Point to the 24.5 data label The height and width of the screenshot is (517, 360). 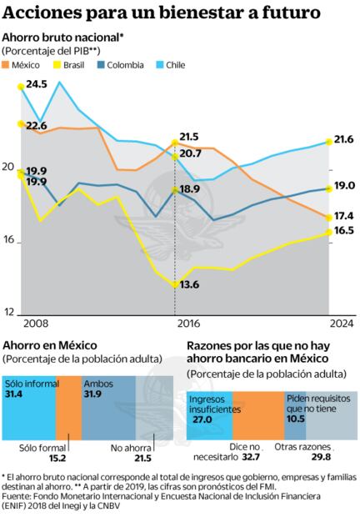point(36,85)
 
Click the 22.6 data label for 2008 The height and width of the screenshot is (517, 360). point(36,125)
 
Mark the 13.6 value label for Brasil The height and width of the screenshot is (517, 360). point(189,285)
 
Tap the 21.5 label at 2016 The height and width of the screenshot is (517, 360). point(189,137)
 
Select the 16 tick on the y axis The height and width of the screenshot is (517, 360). point(8,242)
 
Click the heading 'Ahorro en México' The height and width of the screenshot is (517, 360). point(50,345)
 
